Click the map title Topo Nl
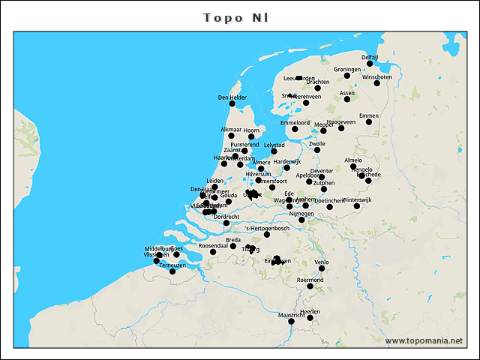pyautogui.click(x=237, y=17)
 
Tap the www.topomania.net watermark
pyautogui.click(x=424, y=340)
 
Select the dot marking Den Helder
pyautogui.click(x=232, y=103)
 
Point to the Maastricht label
pyautogui.click(x=292, y=316)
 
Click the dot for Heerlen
pyautogui.click(x=310, y=318)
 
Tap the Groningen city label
pyautogui.click(x=347, y=70)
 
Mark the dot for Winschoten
pyautogui.click(x=377, y=83)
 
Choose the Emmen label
pyautogui.click(x=368, y=115)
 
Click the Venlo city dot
pyautogui.click(x=322, y=268)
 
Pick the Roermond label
pyautogui.click(x=310, y=280)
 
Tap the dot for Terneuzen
pyautogui.click(x=172, y=271)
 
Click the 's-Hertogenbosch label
pyautogui.click(x=267, y=228)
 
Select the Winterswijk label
pyautogui.click(x=356, y=200)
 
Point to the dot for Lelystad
pyautogui.click(x=274, y=151)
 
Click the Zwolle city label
pyautogui.click(x=316, y=143)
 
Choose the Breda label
pyautogui.click(x=233, y=240)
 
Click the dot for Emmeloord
pyautogui.click(x=295, y=129)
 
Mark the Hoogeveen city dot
pyautogui.click(x=341, y=128)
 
